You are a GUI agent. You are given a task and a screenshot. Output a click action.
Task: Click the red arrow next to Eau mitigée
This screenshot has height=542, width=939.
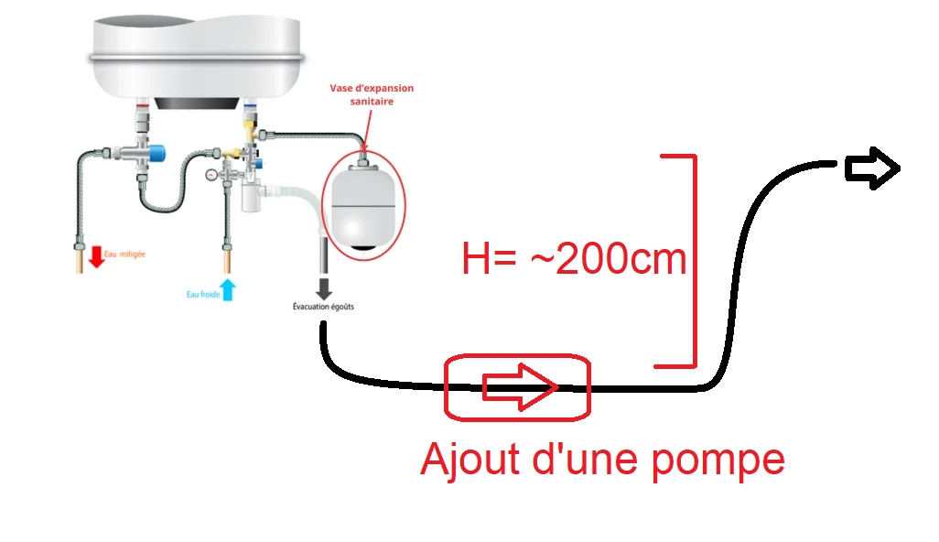[x=96, y=256]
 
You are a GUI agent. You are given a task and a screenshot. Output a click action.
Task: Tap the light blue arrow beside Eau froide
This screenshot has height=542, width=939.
[x=228, y=290]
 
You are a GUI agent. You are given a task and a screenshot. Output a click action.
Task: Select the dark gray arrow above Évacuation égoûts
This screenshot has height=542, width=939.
[x=324, y=288]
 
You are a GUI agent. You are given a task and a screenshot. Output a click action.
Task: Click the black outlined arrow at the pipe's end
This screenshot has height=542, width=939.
[x=872, y=168]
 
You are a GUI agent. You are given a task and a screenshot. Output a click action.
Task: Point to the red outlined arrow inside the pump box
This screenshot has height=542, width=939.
[x=520, y=387]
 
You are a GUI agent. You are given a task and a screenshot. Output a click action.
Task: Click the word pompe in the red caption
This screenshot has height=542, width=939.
[x=718, y=461]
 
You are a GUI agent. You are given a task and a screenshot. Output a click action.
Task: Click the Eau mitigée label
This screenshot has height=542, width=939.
[x=124, y=254]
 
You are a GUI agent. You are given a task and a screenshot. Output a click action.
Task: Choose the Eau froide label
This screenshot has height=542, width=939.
[x=203, y=294]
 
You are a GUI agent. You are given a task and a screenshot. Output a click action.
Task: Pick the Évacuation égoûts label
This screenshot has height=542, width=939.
[x=323, y=307]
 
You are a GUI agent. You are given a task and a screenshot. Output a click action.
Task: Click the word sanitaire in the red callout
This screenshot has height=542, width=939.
[x=372, y=102]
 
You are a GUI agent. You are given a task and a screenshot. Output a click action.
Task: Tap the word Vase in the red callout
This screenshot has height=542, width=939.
[x=340, y=88]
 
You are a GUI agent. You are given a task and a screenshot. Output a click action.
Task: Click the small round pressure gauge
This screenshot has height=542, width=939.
[x=210, y=175]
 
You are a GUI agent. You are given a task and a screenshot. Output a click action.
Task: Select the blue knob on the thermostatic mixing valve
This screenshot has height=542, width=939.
[x=157, y=153]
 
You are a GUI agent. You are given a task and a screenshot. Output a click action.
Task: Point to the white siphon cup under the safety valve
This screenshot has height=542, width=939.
[x=251, y=197]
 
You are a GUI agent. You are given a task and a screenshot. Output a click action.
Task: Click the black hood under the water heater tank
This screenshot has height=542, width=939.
[x=197, y=103]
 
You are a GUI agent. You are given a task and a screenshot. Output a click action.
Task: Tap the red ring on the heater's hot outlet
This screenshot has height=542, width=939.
[x=143, y=105]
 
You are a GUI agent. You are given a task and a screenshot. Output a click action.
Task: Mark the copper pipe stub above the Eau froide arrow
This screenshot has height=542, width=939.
[x=227, y=262]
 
